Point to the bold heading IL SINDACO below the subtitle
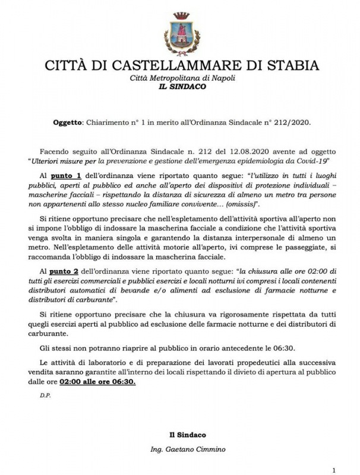[179, 87]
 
